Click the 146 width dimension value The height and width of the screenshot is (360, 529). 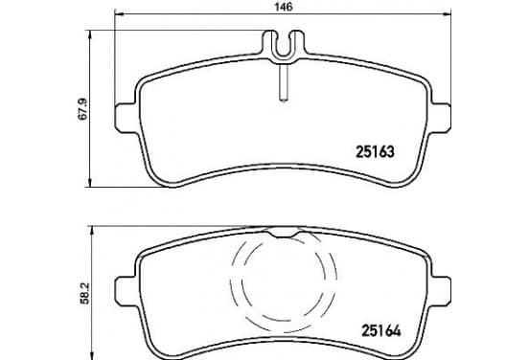tap(284, 7)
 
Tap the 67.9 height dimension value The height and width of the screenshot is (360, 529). tap(83, 109)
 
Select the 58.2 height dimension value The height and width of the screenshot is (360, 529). tap(84, 294)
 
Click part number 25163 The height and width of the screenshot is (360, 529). tap(375, 151)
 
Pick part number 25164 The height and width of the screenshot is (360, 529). tap(381, 330)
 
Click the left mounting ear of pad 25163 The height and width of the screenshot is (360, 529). tap(126, 118)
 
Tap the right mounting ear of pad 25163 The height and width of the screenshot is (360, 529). tap(441, 118)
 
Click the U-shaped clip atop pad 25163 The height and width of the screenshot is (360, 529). tap(284, 47)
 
